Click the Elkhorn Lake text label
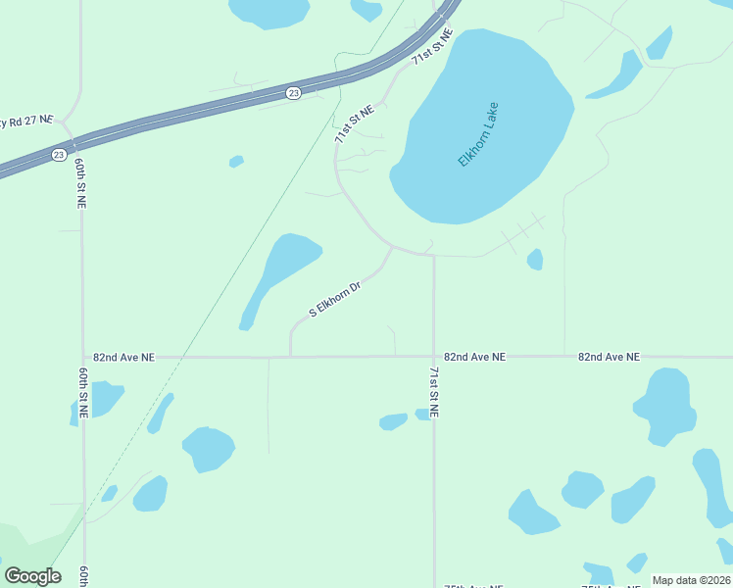click(x=478, y=134)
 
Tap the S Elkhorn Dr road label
click(x=336, y=300)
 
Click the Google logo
click(x=32, y=576)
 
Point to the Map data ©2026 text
click(x=691, y=580)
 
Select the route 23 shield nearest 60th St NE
click(x=59, y=155)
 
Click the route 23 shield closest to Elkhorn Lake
click(x=294, y=92)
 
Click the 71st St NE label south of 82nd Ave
click(x=434, y=392)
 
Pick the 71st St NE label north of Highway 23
click(x=432, y=47)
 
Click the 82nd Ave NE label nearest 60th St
click(x=123, y=358)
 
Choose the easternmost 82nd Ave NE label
click(x=609, y=358)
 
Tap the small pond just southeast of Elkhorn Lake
click(x=535, y=259)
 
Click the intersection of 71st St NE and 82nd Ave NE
click(x=434, y=357)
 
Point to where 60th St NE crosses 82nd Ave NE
click(x=83, y=357)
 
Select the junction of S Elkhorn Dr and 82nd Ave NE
click(x=291, y=357)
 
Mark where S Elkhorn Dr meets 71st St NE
click(x=393, y=247)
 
